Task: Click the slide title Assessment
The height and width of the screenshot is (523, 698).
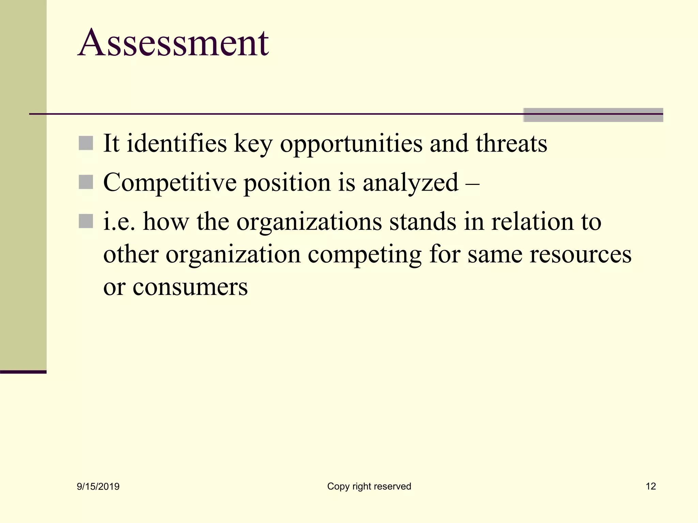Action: pyautogui.click(x=173, y=43)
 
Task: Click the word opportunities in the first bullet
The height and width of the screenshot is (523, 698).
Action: pyautogui.click(x=351, y=144)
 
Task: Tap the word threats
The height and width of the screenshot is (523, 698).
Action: pyautogui.click(x=511, y=143)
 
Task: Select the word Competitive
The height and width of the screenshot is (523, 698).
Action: pyautogui.click(x=170, y=183)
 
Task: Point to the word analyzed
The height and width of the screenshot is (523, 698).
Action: pyautogui.click(x=410, y=183)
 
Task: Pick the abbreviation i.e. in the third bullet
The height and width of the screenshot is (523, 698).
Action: pyautogui.click(x=119, y=222)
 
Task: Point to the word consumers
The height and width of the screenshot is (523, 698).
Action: pyautogui.click(x=190, y=287)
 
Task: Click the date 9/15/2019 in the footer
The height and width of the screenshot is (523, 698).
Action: pyautogui.click(x=98, y=487)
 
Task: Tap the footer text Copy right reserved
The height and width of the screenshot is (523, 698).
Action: pyautogui.click(x=369, y=486)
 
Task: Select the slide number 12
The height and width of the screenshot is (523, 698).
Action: pyautogui.click(x=651, y=486)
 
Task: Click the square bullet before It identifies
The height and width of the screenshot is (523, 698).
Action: pyautogui.click(x=86, y=143)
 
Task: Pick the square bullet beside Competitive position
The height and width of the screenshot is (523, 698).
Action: pyautogui.click(x=86, y=182)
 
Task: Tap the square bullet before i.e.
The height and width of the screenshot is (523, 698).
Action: pyautogui.click(x=86, y=221)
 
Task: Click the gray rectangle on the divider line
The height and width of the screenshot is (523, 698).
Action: pyautogui.click(x=593, y=115)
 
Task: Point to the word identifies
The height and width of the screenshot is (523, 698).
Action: pyautogui.click(x=177, y=143)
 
